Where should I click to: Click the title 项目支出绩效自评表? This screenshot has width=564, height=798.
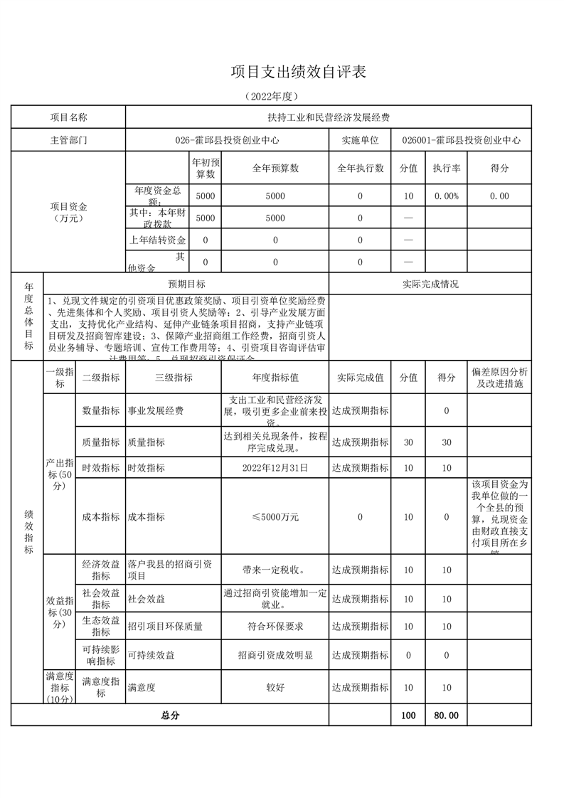[299, 72]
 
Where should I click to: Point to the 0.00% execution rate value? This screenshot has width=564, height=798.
[447, 196]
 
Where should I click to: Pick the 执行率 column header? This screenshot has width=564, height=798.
[447, 168]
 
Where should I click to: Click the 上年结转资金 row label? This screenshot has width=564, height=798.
[157, 240]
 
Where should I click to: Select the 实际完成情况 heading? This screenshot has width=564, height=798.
[430, 284]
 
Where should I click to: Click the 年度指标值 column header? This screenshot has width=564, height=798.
[275, 378]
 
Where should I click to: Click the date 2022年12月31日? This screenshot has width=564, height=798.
[275, 467]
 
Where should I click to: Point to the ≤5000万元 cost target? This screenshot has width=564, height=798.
[275, 517]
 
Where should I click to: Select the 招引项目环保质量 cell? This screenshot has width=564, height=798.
[165, 627]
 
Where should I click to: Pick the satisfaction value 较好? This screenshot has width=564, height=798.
[275, 688]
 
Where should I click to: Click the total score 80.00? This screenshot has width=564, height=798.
[447, 715]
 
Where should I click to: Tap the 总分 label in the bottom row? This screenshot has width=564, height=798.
[171, 715]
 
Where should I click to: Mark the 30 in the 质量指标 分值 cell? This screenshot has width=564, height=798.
[408, 442]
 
